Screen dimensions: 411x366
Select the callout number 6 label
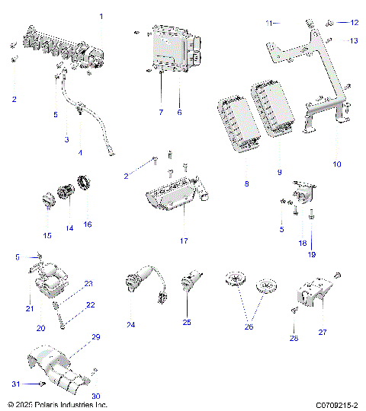point(180,112)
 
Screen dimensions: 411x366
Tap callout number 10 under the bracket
point(337,164)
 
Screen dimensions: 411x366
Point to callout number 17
point(184,241)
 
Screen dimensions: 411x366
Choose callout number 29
point(96,336)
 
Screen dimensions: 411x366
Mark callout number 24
point(131,325)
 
